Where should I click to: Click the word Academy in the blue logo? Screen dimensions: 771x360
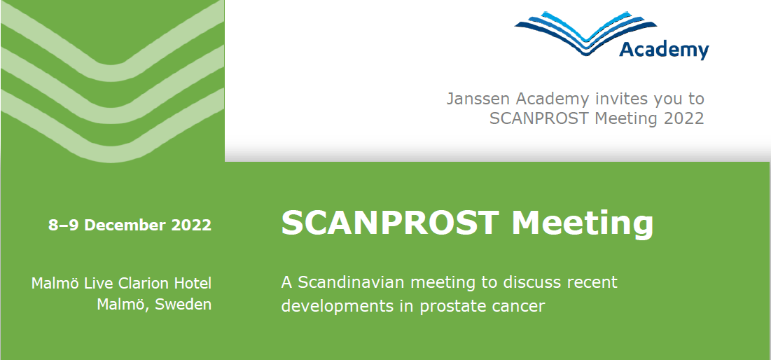click(x=664, y=50)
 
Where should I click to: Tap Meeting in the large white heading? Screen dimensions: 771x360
click(x=582, y=223)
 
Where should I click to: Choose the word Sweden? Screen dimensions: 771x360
click(x=183, y=305)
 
